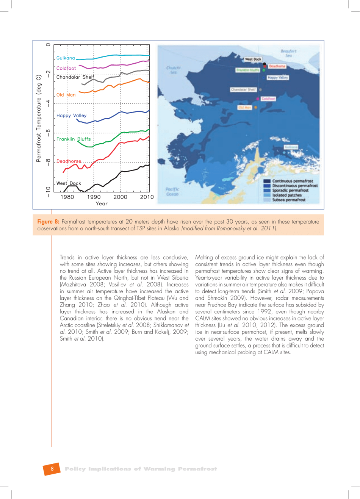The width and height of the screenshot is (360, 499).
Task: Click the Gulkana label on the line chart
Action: pos(66,58)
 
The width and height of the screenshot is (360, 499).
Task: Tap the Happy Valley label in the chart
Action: pos(71,116)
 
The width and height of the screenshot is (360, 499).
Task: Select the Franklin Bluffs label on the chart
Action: pos(74,139)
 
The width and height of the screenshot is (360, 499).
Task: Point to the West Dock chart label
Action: pos(69,183)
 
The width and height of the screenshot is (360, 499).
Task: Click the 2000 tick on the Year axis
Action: pos(120,197)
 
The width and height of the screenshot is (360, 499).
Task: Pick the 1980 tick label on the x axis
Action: pos(67,197)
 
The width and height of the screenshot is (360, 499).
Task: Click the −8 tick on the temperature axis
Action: pos(48,162)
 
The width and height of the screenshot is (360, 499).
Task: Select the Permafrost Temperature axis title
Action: pos(38,119)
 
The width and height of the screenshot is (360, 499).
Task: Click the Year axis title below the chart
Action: pos(101,204)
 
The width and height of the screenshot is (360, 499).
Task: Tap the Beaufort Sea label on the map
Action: pos(288,53)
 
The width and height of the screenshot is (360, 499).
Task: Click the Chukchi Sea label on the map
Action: pos(173,70)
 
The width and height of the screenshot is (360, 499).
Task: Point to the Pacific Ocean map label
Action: pos(172,192)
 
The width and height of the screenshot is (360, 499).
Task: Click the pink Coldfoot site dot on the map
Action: pos(258,99)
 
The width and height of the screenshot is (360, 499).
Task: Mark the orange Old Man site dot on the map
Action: pos(255,108)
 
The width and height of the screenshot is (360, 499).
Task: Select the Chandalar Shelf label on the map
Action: pos(243,90)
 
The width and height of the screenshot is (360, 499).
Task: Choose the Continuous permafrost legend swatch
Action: pos(267,181)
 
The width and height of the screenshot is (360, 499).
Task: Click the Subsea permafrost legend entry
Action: pos(288,200)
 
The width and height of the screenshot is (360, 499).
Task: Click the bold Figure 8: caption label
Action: pos(48,222)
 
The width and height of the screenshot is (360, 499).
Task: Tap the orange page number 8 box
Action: pos(52,469)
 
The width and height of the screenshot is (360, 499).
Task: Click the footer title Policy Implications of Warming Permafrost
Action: pos(141,469)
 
